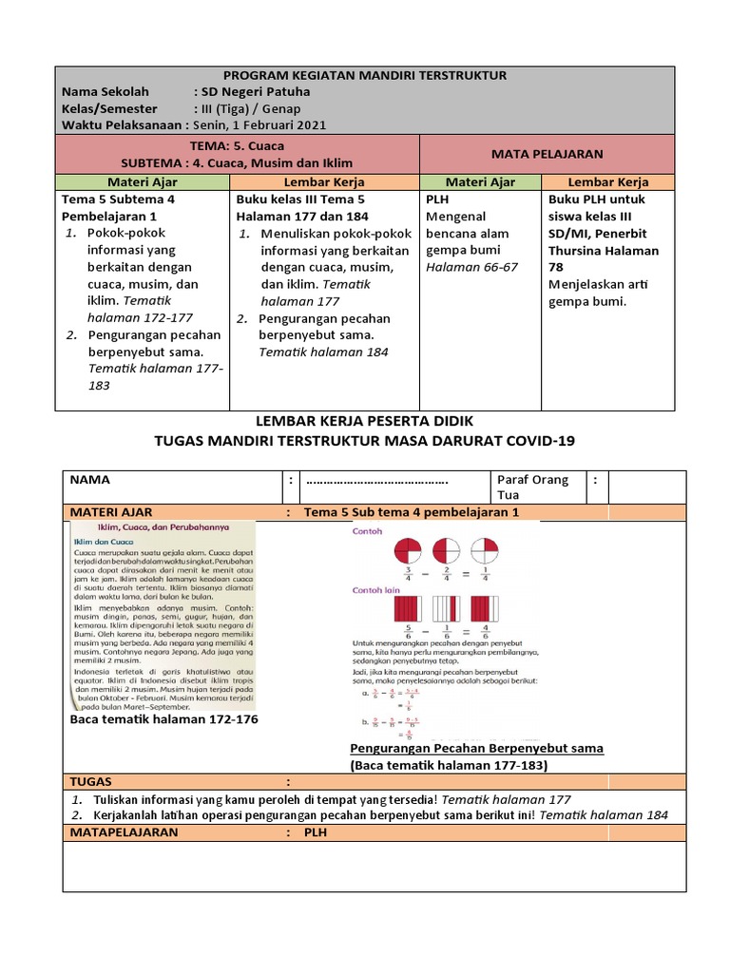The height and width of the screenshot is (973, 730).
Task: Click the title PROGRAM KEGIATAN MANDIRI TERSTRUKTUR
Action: click(365, 75)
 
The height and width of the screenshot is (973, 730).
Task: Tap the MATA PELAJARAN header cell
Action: click(547, 153)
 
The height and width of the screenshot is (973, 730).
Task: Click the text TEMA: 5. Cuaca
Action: click(238, 145)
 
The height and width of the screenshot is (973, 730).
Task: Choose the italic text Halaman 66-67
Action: click(471, 267)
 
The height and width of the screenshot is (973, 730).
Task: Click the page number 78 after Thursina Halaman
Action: click(557, 268)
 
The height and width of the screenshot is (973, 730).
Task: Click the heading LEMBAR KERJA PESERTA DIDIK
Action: click(365, 421)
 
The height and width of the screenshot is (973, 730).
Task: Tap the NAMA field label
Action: click(89, 480)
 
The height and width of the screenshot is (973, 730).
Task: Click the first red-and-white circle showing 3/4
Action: click(406, 552)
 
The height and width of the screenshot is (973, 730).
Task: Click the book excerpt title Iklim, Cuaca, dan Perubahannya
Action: click(160, 527)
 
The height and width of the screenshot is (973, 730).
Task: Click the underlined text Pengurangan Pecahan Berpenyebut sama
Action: click(476, 748)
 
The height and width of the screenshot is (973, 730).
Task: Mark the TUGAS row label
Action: click(91, 781)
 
